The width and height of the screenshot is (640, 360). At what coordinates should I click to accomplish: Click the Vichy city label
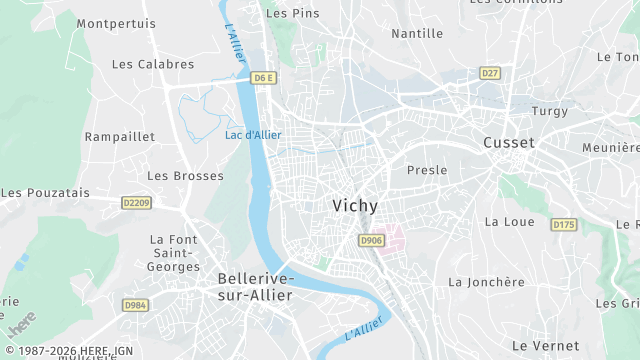355,206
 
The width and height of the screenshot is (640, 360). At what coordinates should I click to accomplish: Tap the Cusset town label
509,143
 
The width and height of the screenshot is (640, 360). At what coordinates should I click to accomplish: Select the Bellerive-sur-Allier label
255,286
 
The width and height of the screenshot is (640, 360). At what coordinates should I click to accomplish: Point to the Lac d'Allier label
253,135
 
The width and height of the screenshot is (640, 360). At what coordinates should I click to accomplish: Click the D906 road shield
371,241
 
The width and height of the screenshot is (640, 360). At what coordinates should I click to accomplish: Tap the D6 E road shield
263,77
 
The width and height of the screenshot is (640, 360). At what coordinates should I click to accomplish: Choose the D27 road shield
489,73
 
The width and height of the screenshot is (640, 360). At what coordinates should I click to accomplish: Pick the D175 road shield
564,225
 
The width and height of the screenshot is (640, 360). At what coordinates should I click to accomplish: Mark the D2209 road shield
136,202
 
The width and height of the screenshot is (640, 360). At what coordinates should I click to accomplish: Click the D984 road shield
135,305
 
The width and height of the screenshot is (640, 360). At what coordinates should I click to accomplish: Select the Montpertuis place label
116,23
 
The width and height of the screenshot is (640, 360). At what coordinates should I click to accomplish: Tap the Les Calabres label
153,64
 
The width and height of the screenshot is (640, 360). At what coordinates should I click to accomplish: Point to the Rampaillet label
118,136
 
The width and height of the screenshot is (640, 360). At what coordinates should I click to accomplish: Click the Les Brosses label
171,175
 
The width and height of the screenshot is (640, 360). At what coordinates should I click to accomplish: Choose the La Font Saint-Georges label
174,253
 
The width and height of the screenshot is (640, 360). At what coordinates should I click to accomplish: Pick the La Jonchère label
486,282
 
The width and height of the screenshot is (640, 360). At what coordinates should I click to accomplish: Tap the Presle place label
427,170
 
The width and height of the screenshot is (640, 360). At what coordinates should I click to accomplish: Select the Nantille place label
417,33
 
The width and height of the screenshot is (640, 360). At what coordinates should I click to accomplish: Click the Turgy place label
550,111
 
